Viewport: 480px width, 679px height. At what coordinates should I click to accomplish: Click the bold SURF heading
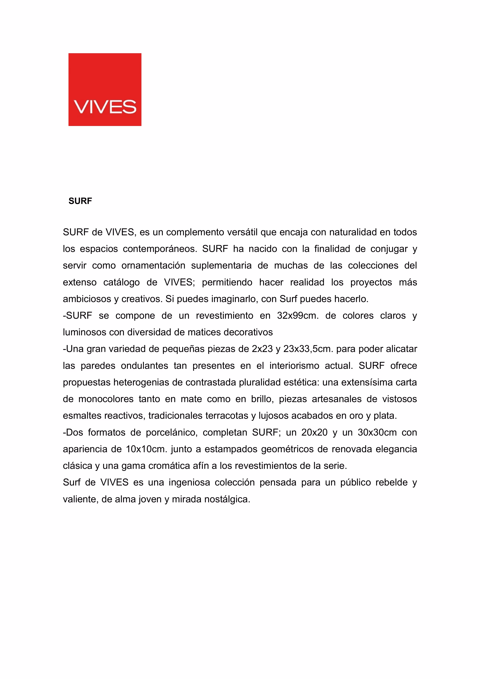tap(80, 201)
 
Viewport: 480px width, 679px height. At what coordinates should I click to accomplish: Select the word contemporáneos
tap(160, 249)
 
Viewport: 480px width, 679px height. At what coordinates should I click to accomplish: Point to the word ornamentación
tap(153, 265)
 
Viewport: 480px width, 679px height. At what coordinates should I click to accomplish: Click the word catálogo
tap(121, 283)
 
